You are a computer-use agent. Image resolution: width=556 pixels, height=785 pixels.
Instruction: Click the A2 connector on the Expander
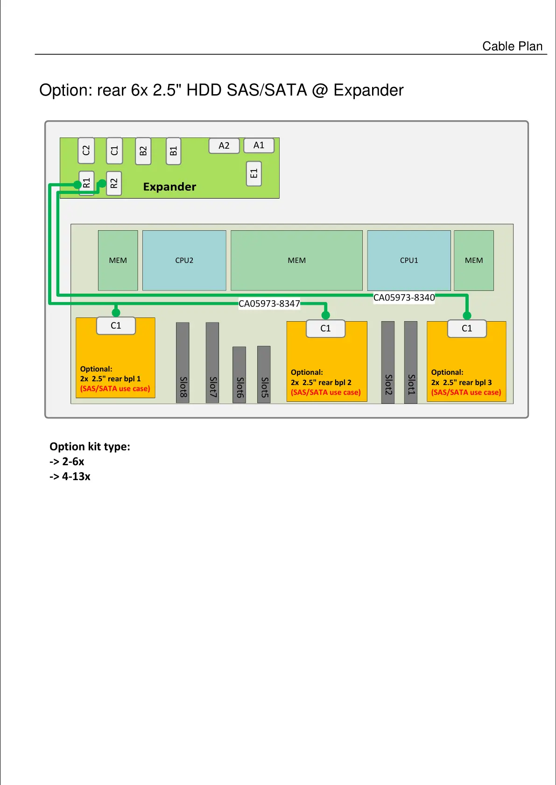pos(224,145)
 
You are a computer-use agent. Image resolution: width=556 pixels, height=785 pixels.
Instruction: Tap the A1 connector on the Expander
pos(259,145)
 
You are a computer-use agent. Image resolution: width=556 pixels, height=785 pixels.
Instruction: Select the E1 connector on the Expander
pos(253,173)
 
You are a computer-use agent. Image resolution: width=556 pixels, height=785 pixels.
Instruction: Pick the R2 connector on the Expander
pos(114,183)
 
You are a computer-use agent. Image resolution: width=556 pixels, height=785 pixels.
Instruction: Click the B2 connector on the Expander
pos(143,151)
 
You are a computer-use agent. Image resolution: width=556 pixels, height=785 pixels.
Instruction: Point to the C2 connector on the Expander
pos(86,150)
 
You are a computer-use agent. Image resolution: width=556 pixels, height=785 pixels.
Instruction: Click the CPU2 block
pos(184,260)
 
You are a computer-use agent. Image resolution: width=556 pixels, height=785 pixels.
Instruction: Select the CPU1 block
pos(409,260)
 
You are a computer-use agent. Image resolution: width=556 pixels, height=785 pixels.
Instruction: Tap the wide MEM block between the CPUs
pos(296,260)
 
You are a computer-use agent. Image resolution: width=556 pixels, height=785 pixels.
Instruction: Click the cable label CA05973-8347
pos(269,303)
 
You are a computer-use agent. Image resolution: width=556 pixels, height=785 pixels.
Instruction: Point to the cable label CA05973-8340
pos(404,297)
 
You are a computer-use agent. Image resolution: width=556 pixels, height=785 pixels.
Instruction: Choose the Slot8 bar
pos(183,362)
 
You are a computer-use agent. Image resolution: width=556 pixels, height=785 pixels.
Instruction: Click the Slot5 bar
pos(264,374)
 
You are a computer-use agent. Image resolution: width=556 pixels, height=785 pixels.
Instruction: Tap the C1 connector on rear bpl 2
pos(325,328)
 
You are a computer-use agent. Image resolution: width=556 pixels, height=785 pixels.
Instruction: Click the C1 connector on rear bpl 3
pos(467,328)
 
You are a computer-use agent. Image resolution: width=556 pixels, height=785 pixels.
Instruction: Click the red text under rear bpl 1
pos(115,388)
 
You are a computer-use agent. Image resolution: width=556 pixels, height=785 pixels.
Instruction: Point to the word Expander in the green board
pos(169,186)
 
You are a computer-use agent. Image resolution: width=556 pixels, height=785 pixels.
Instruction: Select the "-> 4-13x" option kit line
pos(70,476)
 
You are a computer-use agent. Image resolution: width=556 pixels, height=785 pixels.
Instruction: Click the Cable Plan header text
pos(512,46)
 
